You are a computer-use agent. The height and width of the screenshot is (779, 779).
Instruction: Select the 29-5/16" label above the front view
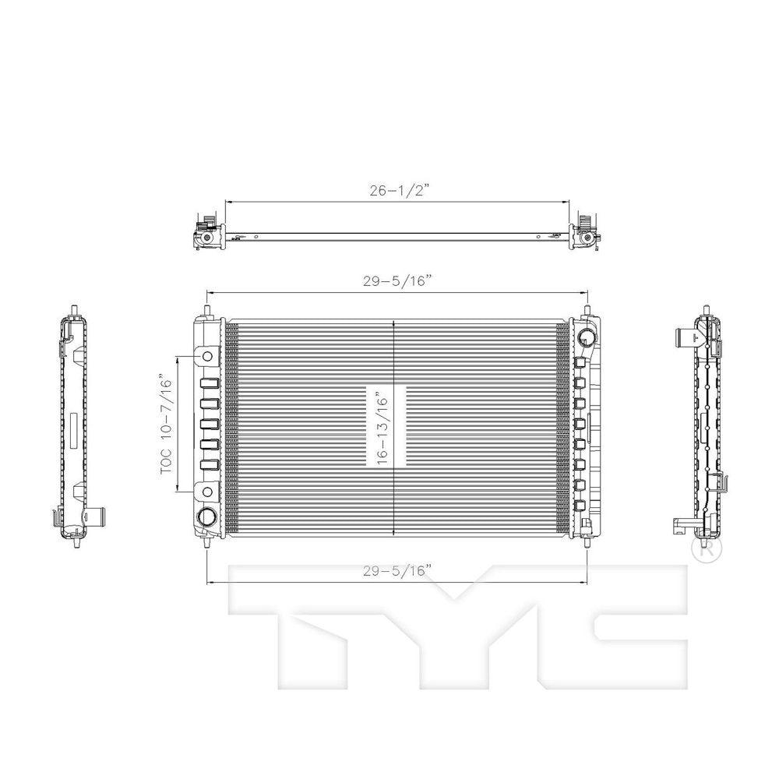(396, 281)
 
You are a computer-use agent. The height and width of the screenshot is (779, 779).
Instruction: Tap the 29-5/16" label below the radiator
(396, 571)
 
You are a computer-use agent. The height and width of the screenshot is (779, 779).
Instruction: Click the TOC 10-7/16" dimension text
(167, 426)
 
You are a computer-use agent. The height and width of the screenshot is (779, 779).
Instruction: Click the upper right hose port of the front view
(587, 338)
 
